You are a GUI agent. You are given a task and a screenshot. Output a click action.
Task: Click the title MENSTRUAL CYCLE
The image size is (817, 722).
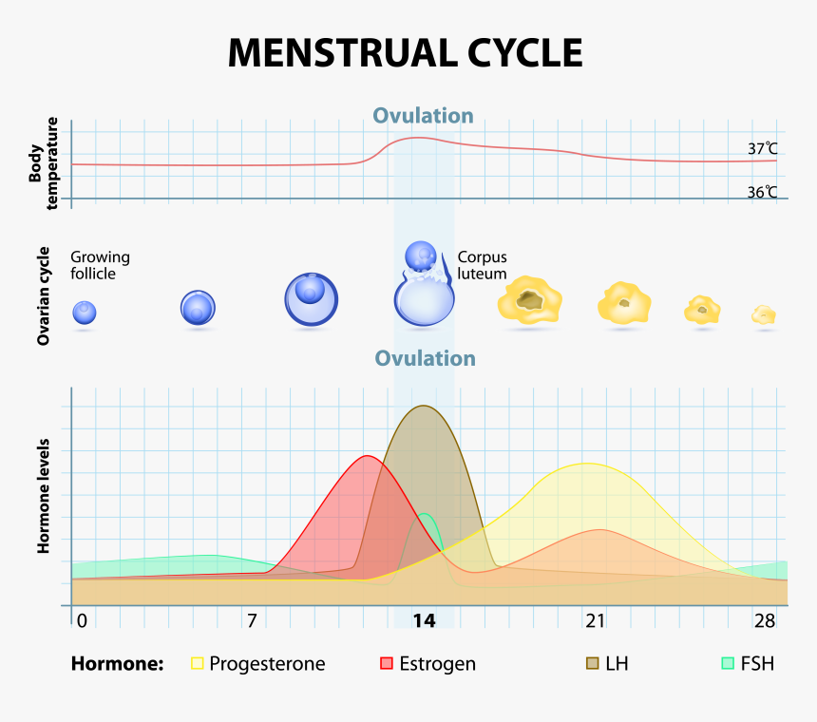(x=406, y=53)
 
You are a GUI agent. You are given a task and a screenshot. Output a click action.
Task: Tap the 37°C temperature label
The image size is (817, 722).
(x=762, y=149)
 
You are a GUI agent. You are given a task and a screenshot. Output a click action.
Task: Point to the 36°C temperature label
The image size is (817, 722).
(x=762, y=193)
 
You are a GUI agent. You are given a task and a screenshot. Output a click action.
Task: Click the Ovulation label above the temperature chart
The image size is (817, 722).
(x=423, y=116)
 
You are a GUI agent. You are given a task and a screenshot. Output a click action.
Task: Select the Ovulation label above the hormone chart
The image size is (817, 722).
(x=426, y=358)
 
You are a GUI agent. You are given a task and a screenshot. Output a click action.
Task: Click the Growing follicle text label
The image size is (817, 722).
(x=100, y=265)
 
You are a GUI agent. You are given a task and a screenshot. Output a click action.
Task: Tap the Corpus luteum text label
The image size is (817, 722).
(x=482, y=265)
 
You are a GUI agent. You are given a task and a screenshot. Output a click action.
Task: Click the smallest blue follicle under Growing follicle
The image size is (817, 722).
(x=85, y=313)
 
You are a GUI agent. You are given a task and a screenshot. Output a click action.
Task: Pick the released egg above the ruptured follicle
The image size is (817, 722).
(x=421, y=256)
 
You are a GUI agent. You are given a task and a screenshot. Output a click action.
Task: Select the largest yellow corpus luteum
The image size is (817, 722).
(x=529, y=299)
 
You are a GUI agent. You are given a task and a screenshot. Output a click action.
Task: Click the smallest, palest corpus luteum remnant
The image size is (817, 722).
(x=764, y=315)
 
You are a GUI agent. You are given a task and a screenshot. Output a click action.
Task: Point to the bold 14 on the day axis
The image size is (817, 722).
(x=424, y=620)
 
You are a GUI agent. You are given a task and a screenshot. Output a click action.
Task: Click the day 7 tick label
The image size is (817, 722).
(x=252, y=620)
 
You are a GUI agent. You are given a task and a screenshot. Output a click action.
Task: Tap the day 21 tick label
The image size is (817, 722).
(x=595, y=620)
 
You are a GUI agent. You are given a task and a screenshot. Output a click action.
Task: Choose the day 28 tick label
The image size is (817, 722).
(x=765, y=620)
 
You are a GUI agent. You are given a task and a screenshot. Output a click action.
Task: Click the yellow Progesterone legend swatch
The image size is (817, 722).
(x=197, y=663)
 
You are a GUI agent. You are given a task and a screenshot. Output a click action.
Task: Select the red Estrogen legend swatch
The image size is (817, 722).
(x=386, y=663)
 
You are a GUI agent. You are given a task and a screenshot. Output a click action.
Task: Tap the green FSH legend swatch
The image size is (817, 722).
(x=728, y=663)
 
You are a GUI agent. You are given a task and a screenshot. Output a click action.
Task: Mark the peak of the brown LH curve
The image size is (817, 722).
(x=423, y=406)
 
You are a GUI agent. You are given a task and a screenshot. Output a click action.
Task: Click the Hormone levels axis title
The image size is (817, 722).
(x=44, y=496)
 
